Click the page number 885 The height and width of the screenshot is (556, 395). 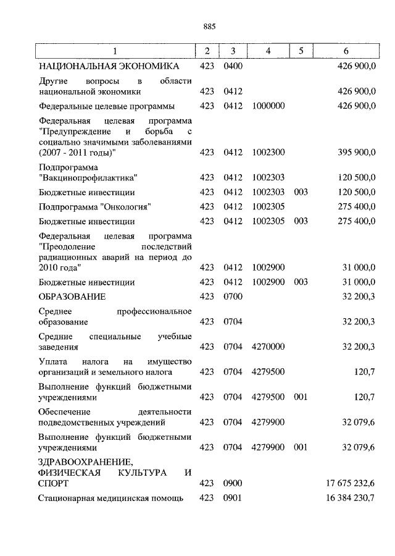(209, 26)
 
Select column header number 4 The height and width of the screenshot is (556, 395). (268, 51)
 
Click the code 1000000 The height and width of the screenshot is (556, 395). (268, 106)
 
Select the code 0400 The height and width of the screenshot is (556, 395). (233, 65)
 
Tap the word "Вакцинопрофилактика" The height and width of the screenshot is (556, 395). (88, 178)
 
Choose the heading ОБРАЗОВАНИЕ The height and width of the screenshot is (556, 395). (72, 297)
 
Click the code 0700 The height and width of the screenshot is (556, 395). (233, 297)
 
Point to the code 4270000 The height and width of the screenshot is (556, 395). (268, 347)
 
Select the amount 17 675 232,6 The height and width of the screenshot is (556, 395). (350, 483)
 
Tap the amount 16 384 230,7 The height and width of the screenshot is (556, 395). (350, 498)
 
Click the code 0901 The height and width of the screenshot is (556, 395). (233, 498)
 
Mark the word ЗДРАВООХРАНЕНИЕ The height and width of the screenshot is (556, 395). (85, 461)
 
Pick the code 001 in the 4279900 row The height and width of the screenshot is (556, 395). (301, 447)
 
